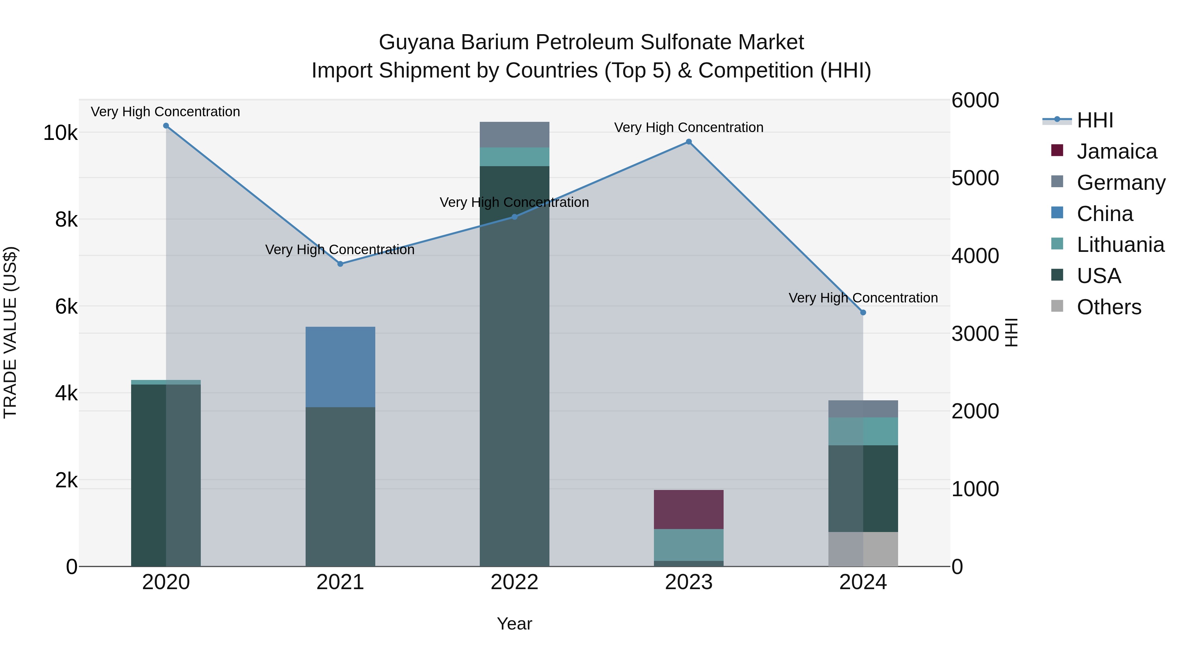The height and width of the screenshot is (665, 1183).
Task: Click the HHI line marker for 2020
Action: [166, 126]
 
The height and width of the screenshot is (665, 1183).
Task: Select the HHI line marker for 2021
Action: [340, 264]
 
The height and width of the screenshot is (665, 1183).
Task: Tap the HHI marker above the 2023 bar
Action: [688, 142]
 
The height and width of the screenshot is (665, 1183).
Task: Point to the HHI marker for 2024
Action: [863, 313]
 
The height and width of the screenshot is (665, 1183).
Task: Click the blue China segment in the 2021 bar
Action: [340, 367]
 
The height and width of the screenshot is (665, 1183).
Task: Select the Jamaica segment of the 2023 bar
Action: [688, 509]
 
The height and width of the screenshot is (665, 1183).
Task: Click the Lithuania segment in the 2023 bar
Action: [688, 545]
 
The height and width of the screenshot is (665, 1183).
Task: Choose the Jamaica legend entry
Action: [1116, 151]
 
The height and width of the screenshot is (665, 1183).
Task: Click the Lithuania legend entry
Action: [1120, 245]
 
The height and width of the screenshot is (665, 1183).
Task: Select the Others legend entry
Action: [1109, 307]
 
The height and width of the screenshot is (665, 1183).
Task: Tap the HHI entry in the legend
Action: [1095, 120]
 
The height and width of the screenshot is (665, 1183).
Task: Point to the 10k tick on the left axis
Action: [60, 133]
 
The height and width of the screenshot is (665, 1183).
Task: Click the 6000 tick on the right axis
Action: [975, 100]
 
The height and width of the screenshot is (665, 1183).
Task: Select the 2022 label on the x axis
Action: [514, 582]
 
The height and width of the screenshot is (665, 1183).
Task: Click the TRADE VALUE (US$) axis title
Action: [11, 332]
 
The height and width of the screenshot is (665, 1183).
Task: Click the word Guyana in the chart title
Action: [417, 42]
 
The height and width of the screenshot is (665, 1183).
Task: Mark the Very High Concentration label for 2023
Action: [688, 128]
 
